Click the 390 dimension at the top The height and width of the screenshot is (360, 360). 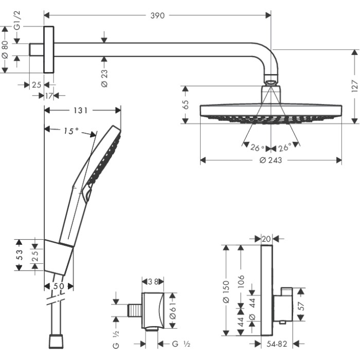pos(157,16)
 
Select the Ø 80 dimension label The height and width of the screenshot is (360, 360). pos(5,49)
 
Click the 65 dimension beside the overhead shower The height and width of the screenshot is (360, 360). pos(186,105)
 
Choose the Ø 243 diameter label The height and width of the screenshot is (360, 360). pos(271,160)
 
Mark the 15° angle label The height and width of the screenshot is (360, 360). pos(71,131)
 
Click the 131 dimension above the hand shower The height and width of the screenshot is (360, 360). pos(82,110)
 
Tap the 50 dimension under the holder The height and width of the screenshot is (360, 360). pos(59,286)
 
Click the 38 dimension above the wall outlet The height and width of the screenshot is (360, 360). pos(152,282)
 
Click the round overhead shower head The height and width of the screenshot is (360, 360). pos(271,112)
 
